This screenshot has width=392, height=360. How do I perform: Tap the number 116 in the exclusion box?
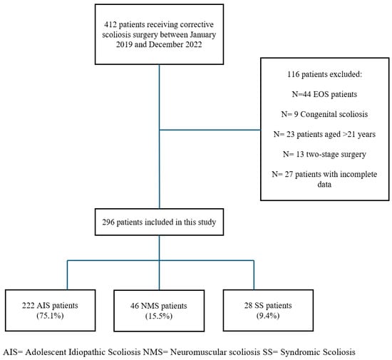click(293, 74)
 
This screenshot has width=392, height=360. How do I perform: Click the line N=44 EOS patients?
click(324, 94)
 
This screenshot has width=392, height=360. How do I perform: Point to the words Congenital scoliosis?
click(334, 114)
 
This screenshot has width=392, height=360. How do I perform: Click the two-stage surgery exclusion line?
click(324, 154)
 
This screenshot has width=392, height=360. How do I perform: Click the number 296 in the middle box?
click(108, 222)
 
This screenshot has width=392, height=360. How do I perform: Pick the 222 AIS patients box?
click(51, 311)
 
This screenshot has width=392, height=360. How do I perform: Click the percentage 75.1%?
click(50, 316)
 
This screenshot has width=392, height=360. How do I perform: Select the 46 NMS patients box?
click(159, 311)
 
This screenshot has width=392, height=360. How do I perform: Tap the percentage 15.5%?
click(159, 316)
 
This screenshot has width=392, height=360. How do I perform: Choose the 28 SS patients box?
click(268, 311)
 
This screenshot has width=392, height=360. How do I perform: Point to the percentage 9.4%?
click(268, 316)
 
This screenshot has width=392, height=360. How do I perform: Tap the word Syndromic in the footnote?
click(296, 352)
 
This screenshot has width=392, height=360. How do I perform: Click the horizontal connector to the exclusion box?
click(210, 130)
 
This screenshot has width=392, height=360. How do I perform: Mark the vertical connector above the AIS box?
click(68, 275)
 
